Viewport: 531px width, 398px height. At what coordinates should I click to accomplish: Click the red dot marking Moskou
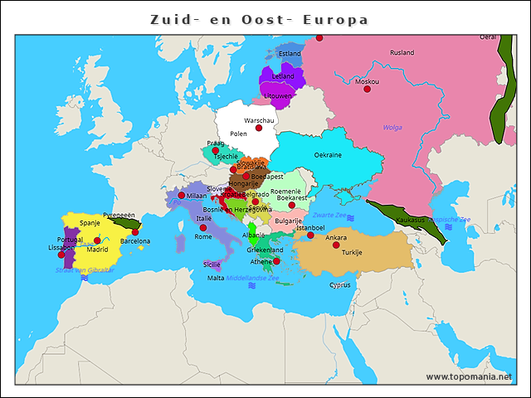coord(368,89)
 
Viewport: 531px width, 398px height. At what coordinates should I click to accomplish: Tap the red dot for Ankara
coord(336,245)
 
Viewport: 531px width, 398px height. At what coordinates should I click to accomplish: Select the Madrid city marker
coord(97,240)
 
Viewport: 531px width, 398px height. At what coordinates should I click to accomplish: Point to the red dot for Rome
coord(203,227)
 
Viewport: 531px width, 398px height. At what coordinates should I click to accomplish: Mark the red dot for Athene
coord(276,261)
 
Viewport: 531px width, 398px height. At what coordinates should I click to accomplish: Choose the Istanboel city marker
coord(310,235)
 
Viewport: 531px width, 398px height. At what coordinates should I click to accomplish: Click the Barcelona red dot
coord(135,232)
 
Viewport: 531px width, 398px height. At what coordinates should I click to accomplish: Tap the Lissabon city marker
coord(61,255)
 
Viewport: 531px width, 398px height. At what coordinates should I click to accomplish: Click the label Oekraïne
coord(328,155)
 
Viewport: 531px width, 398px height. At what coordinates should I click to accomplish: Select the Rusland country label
coord(402,52)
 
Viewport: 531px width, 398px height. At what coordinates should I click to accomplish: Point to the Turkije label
coord(352,252)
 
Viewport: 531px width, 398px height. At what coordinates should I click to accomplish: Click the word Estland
coord(290,54)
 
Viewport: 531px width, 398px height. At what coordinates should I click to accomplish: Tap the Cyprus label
coord(340,284)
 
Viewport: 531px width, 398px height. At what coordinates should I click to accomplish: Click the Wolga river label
coord(392,127)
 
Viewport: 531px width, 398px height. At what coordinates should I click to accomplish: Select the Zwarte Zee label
coord(329,216)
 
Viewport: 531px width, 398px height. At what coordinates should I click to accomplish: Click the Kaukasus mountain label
coord(410,220)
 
